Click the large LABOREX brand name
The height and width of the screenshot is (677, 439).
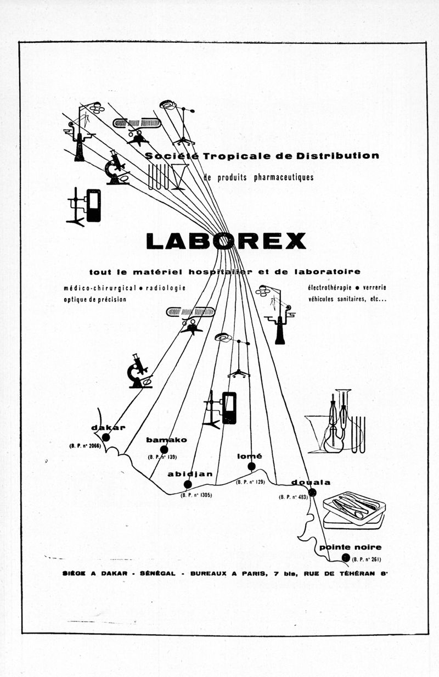(226, 241)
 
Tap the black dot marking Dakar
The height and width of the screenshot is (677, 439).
(106, 438)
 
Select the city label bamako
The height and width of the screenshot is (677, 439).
(166, 440)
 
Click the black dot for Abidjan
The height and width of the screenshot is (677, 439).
(188, 484)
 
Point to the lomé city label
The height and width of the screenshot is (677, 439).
(250, 456)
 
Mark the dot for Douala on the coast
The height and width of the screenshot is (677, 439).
(312, 493)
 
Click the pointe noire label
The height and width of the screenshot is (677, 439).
(350, 547)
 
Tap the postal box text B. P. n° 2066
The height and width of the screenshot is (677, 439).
(85, 445)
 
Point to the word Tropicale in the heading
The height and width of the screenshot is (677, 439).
(238, 156)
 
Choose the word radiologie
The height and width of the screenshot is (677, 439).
(165, 288)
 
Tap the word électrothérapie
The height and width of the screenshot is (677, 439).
(329, 288)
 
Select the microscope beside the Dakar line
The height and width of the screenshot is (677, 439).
(139, 372)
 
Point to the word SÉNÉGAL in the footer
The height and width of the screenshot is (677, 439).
(157, 574)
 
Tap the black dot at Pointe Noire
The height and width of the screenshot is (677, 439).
(345, 558)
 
